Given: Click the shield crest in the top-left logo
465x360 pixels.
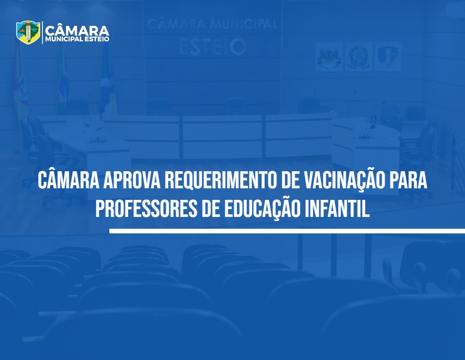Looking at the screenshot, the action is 28,32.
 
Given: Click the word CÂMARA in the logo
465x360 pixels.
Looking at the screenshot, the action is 77,30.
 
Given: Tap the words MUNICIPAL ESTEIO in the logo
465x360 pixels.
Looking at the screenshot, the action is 77,39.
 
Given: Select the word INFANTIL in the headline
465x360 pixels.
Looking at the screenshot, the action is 337,209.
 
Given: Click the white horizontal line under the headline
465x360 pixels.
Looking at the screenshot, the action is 287,231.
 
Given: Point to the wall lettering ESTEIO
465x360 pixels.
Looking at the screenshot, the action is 213,47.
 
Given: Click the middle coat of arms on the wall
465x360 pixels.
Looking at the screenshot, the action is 358,57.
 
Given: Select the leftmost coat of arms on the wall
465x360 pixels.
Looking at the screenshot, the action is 329,57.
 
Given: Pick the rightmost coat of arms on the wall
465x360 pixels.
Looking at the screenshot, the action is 388,57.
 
